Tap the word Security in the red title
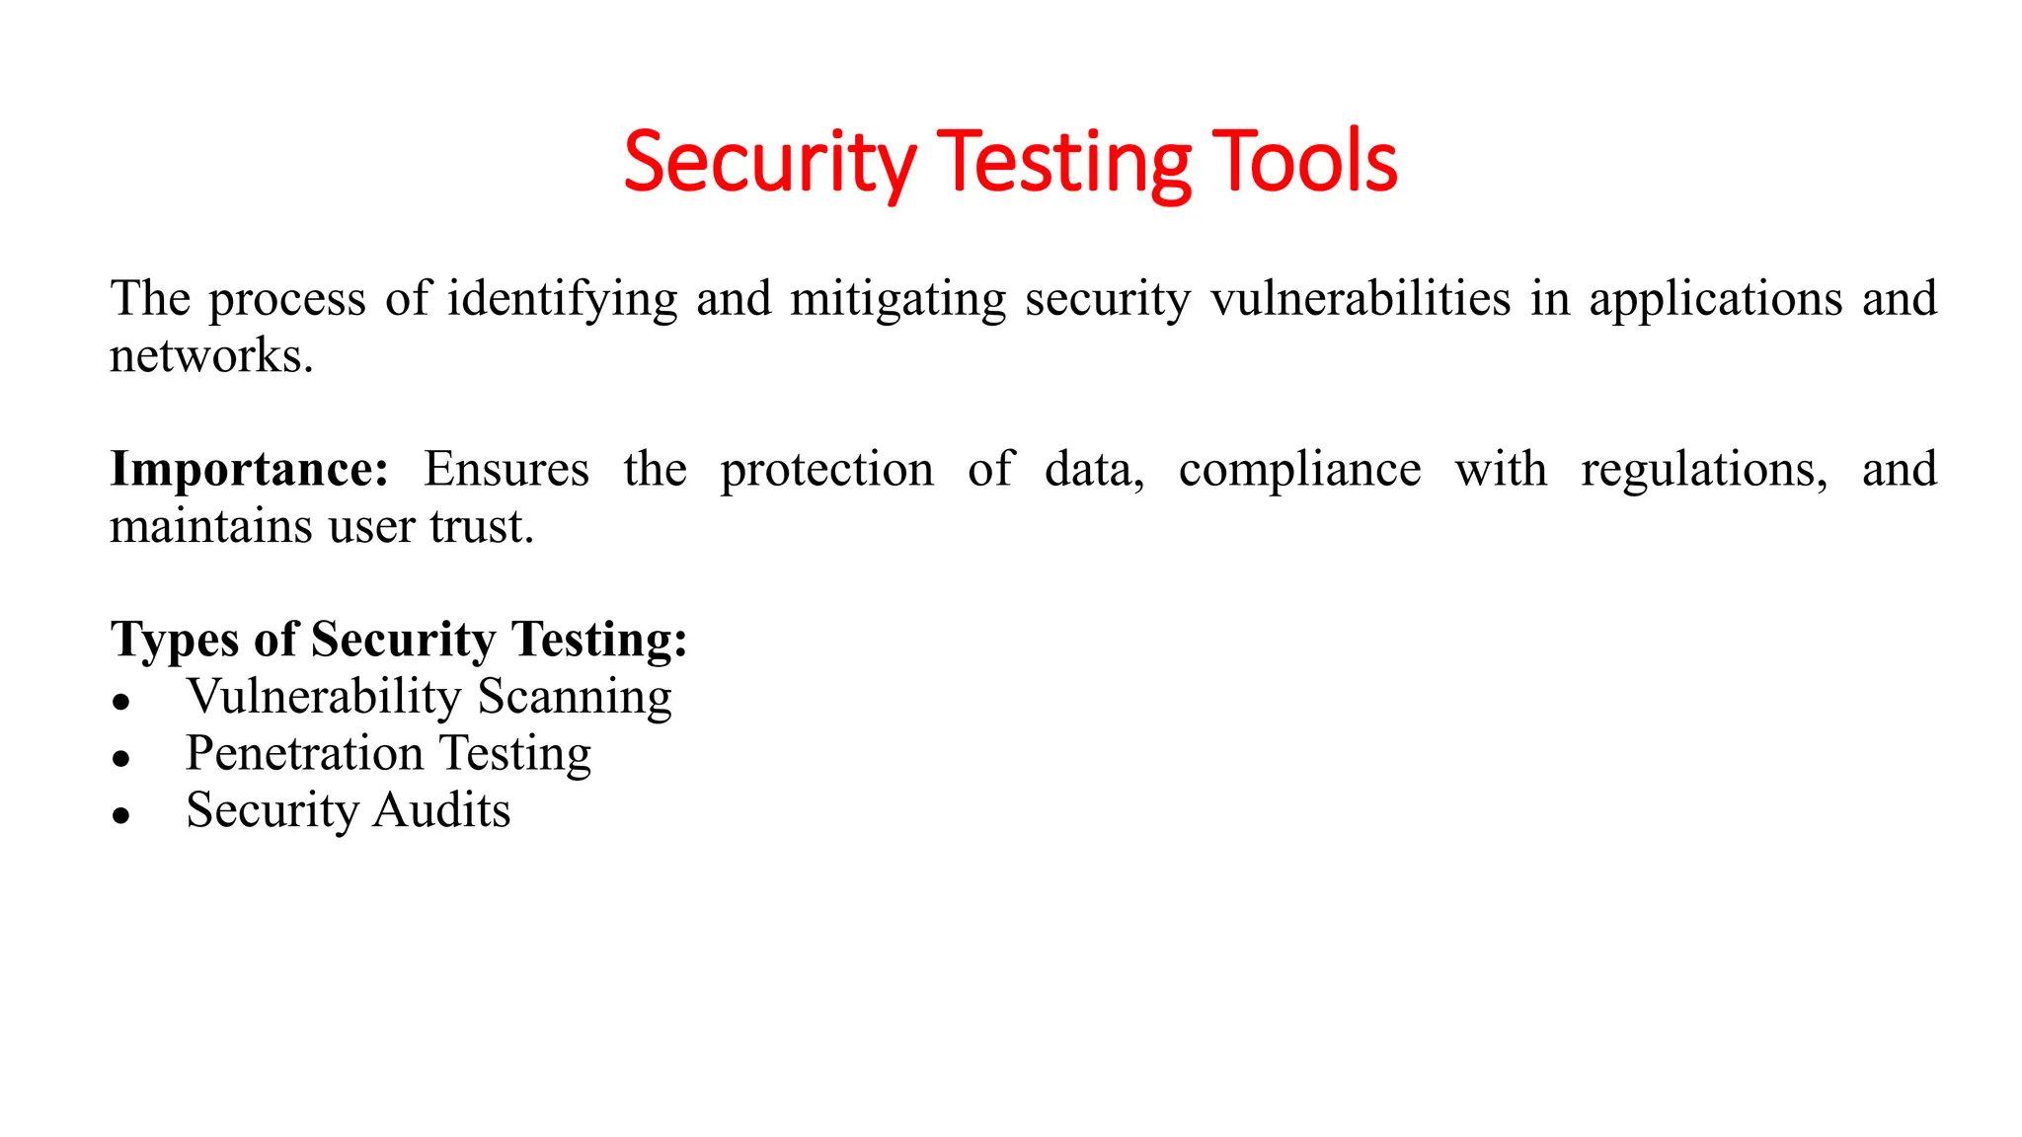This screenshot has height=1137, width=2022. [770, 162]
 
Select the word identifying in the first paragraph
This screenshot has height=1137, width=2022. [562, 299]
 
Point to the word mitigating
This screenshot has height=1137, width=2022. [897, 299]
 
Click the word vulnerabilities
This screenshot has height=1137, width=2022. [1361, 299]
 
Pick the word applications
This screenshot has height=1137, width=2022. [1715, 299]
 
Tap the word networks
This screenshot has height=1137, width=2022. [210, 355]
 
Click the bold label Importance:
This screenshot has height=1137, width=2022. [250, 469]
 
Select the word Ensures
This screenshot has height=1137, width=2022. [505, 469]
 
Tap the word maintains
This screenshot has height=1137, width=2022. [210, 526]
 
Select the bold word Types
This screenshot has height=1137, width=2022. [175, 641]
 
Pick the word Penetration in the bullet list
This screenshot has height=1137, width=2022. [304, 754]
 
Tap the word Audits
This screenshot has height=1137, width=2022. [441, 810]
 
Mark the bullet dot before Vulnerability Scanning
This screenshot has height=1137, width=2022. [121, 702]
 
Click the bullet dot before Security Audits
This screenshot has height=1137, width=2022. [121, 815]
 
